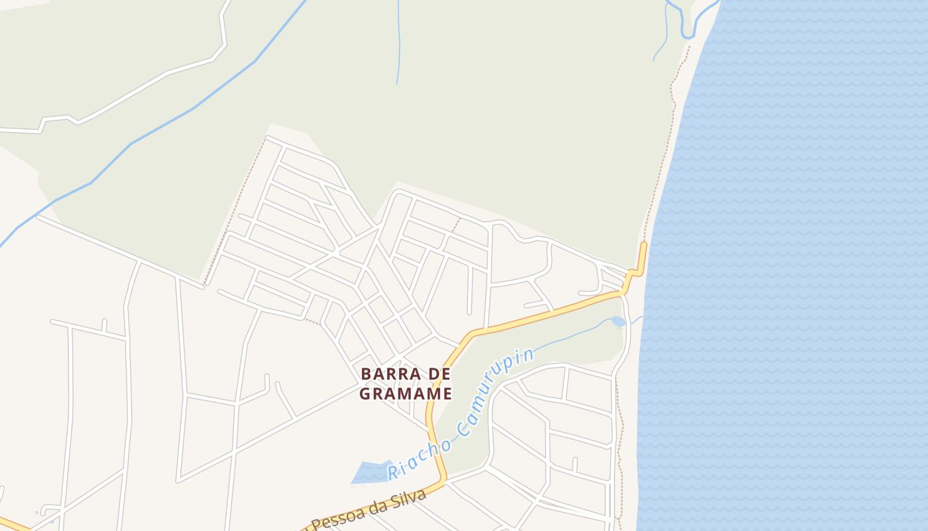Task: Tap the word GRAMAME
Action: pyautogui.click(x=406, y=394)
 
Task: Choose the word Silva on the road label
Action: pyautogui.click(x=411, y=498)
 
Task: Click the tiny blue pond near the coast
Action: pyautogui.click(x=618, y=322)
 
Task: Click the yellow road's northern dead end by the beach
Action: pyautogui.click(x=643, y=246)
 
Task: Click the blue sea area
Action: pyautogui.click(x=795, y=265)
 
